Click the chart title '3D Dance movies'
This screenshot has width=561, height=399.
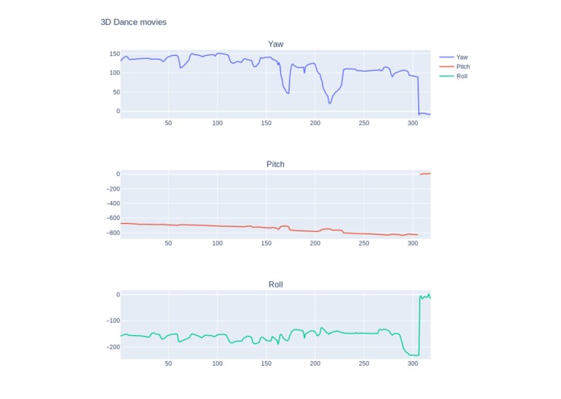133,22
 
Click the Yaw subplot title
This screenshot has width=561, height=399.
275,44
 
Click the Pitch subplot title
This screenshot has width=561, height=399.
275,164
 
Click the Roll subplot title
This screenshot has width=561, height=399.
275,284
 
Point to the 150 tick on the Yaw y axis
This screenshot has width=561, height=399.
114,53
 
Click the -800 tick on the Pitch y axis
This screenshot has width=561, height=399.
110,233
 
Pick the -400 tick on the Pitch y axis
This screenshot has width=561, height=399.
110,204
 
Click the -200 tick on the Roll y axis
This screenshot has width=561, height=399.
110,347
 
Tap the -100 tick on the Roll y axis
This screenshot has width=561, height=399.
110,321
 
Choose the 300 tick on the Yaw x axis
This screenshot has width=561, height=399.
412,124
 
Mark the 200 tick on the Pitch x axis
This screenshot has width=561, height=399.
315,244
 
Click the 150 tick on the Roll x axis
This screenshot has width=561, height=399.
266,364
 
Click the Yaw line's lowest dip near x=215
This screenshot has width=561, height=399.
329,103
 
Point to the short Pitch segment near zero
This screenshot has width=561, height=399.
425,174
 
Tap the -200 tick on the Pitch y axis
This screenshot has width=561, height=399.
110,189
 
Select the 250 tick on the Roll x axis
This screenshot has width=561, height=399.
363,364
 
